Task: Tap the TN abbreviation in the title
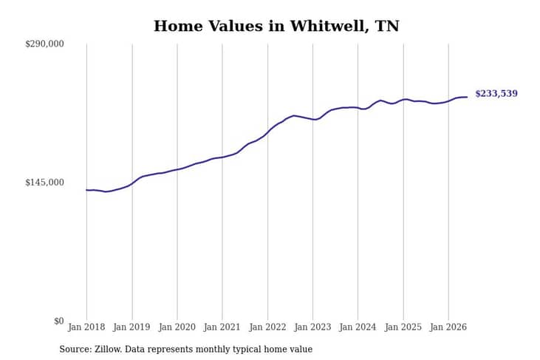[387, 26]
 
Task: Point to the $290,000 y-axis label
[44, 44]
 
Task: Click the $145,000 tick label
[44, 183]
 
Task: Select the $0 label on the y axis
[59, 321]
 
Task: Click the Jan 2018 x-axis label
[86, 327]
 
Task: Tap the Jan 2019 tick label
[131, 327]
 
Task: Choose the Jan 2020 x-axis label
[177, 327]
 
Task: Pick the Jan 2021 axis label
[222, 327]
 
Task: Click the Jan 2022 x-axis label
[267, 327]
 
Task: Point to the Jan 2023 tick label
[312, 327]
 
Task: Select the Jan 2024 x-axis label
[358, 327]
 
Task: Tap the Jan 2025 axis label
[403, 327]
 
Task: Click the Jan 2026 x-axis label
[448, 327]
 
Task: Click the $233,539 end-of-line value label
[496, 94]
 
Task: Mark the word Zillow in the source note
[108, 349]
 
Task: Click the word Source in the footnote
[75, 349]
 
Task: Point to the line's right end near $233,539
[467, 97]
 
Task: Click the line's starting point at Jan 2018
[86, 190]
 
